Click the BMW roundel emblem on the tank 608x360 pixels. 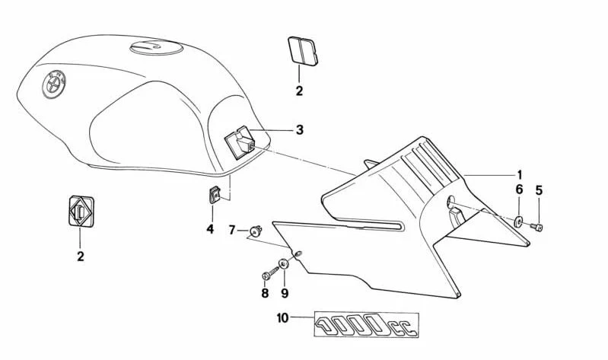click(54, 84)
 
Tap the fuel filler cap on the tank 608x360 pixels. click(156, 47)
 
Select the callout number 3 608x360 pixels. click(299, 129)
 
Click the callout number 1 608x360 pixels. click(519, 175)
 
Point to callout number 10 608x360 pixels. click(283, 318)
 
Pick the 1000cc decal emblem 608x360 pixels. click(366, 324)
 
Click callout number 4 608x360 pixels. click(210, 229)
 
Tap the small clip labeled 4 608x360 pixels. click(214, 194)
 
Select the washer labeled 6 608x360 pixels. click(518, 222)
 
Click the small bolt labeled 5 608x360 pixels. click(537, 227)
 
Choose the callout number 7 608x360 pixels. click(232, 230)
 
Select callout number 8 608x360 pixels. click(265, 293)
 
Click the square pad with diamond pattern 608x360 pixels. click(81, 212)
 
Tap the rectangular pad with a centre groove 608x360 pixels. click(302, 49)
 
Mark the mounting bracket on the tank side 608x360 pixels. click(240, 142)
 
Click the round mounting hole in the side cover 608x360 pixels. click(450, 201)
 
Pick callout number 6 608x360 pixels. click(519, 190)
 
